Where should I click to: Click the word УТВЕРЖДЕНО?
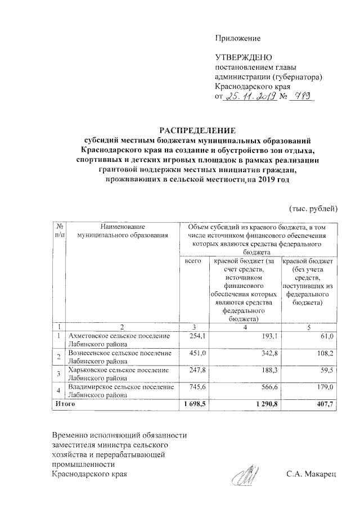pos(244,58)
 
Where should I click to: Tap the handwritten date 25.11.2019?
pos(249,97)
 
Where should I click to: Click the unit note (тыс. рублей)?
pos(313,209)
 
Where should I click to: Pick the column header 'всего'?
pos(192,262)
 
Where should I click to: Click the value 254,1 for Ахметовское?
pos(193,336)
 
